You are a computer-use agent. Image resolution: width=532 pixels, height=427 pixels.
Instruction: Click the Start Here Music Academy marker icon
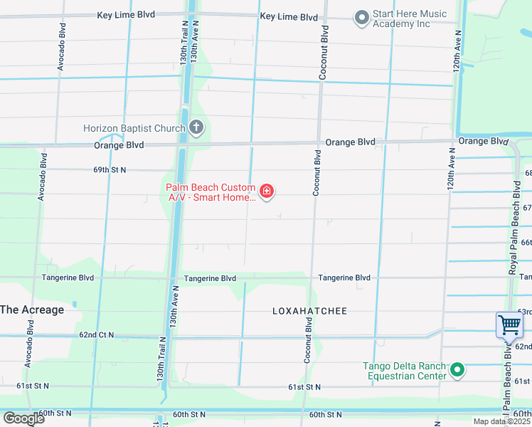coord(362,19)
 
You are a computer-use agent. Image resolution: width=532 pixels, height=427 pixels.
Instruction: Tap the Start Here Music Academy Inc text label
coord(410,19)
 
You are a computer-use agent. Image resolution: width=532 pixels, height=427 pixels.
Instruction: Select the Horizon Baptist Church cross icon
coord(196,128)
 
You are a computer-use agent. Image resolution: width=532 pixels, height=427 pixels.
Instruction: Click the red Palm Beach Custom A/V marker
coord(267,191)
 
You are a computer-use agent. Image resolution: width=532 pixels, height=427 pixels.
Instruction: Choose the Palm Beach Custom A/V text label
coord(211,192)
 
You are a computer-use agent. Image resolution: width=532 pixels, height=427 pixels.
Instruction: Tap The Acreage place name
coord(32,310)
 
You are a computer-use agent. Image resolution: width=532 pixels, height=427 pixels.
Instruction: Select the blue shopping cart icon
coord(510,325)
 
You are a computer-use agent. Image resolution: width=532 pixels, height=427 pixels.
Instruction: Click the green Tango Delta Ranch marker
coord(458,370)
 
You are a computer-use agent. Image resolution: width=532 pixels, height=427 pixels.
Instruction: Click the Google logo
coord(23,418)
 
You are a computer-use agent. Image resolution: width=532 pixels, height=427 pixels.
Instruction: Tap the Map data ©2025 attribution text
coord(501,421)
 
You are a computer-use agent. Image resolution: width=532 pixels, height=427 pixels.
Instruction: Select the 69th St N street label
coord(110,170)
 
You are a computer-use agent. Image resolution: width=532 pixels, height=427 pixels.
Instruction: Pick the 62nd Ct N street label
coord(97,334)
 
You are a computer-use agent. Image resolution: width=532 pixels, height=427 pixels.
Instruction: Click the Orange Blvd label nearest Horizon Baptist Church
coord(119,145)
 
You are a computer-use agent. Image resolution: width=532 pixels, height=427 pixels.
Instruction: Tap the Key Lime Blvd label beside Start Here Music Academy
coord(289,16)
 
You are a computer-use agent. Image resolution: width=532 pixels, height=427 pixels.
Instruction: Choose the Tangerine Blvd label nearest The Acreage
coord(68,278)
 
